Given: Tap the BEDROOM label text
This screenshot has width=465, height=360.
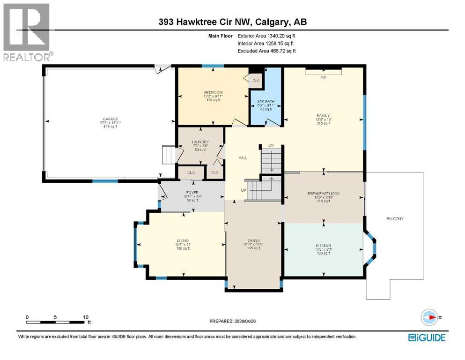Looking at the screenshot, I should (213, 92).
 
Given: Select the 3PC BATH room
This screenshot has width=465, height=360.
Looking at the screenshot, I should (266, 102).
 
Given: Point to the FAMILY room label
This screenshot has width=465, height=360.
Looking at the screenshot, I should (323, 115).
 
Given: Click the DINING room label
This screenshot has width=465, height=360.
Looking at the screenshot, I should (254, 240).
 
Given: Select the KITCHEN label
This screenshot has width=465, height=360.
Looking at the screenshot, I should (323, 246).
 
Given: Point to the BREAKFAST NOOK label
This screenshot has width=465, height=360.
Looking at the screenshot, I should (323, 194).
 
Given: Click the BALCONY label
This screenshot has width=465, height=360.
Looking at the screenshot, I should (394, 219).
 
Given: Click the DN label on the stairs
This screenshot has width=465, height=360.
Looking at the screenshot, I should (271, 146).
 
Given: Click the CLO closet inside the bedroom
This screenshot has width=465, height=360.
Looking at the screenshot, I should (256, 81).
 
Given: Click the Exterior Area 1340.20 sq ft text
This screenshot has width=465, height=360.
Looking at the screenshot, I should (266, 35).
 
